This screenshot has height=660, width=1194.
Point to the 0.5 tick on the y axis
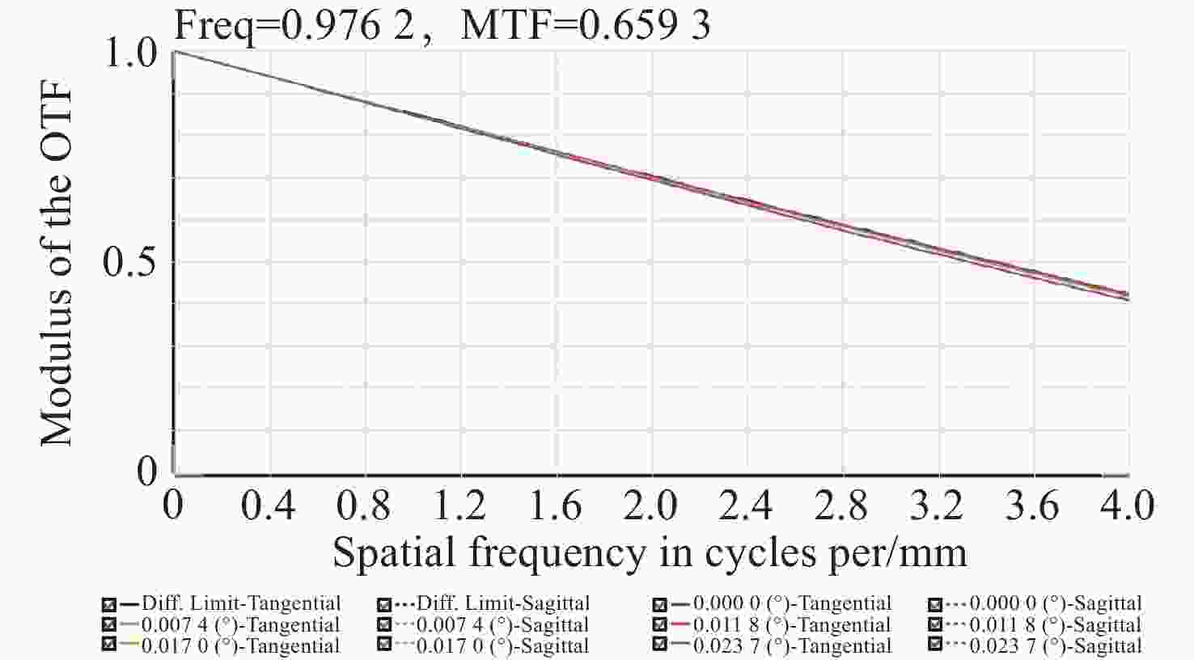click(x=129, y=263)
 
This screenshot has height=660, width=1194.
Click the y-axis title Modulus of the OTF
click(x=57, y=263)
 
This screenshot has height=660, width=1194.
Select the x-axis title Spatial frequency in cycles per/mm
click(x=650, y=553)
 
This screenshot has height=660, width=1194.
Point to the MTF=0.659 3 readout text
click(x=586, y=24)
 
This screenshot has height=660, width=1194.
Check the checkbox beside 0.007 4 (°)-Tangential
click(x=109, y=625)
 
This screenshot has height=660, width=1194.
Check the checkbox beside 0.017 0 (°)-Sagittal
click(x=384, y=646)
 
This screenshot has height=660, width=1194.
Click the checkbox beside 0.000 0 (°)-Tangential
click(x=659, y=604)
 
